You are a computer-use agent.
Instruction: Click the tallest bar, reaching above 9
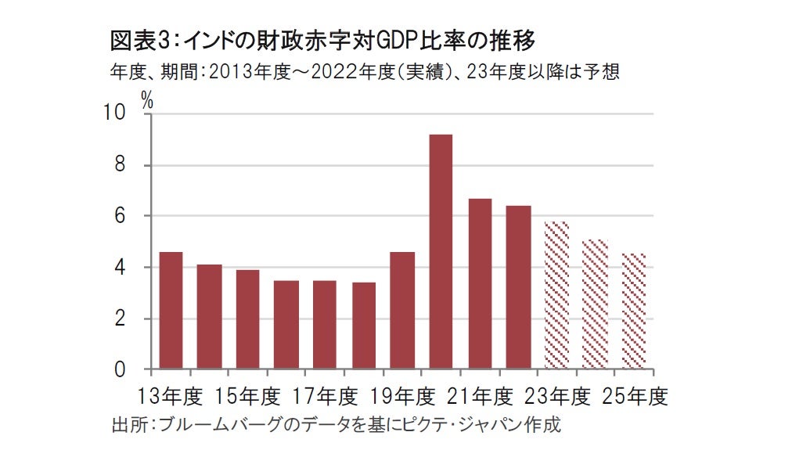(x=441, y=251)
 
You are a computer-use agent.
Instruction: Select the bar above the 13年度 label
(x=171, y=310)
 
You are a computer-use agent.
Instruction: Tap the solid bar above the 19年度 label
(x=402, y=310)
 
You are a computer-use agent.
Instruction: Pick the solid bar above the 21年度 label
(x=480, y=283)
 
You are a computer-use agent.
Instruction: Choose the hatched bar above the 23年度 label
(x=556, y=295)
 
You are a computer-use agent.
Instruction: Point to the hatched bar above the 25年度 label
(x=634, y=311)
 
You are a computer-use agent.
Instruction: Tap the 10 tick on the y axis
(x=114, y=113)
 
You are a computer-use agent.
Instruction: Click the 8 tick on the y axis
(x=119, y=165)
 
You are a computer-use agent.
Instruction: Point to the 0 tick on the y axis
(x=119, y=369)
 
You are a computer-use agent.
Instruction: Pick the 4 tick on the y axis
(x=119, y=268)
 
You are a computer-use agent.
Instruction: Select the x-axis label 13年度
(x=170, y=397)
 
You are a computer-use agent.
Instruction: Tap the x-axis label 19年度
(x=402, y=397)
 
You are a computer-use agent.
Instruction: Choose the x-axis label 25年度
(x=635, y=397)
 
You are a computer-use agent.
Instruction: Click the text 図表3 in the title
(x=132, y=39)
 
